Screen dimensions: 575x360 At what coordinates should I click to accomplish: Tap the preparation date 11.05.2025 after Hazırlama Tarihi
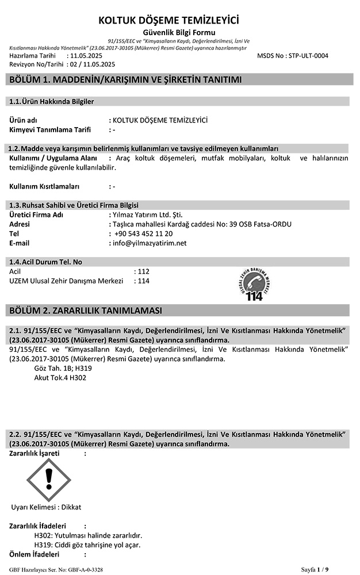pos(86,56)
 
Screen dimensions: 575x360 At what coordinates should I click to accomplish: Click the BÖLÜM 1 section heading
pos(125,79)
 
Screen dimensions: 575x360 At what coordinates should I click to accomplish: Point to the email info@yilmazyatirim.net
pos(150,243)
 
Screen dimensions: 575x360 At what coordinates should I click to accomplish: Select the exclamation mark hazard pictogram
pos(49,477)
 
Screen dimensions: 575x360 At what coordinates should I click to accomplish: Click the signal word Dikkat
pos(71,507)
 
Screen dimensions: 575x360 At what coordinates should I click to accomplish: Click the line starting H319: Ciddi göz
pos(88,545)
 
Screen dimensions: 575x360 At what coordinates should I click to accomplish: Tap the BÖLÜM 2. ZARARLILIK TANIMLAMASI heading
pos(86,310)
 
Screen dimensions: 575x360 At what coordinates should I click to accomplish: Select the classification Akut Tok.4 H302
pos(60,378)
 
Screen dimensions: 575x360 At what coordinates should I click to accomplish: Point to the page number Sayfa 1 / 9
pos(315,569)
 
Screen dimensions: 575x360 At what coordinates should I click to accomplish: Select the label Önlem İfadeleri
pos(35,554)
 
